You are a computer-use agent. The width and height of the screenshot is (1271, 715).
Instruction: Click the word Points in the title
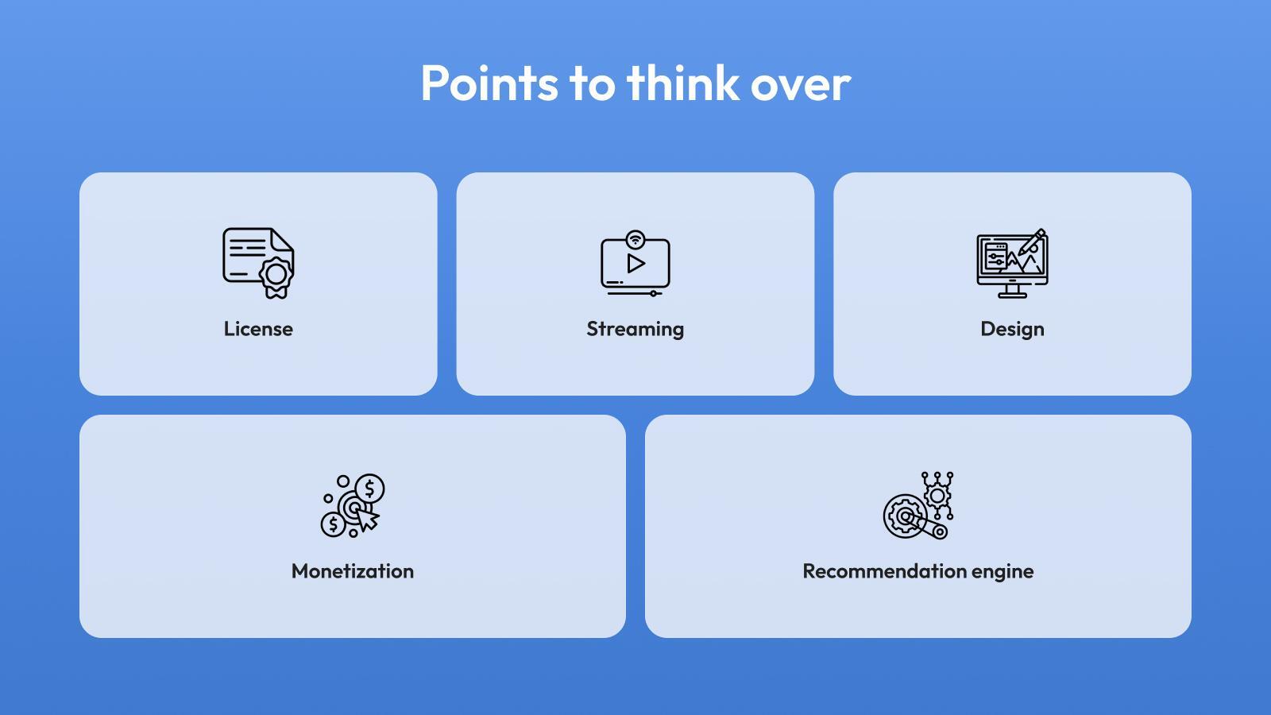coord(489,83)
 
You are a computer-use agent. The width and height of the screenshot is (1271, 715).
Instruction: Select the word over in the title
coord(801,87)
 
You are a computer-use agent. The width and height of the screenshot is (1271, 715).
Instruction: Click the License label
coord(258,329)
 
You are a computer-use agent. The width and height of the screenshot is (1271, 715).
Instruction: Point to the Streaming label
coord(635,330)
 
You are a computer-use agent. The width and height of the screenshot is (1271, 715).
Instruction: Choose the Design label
coord(1012,330)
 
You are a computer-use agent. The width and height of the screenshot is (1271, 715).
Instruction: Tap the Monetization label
coord(353,571)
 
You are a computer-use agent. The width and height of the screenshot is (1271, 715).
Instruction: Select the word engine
coord(1003,573)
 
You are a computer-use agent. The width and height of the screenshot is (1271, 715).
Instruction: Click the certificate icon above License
coord(258,263)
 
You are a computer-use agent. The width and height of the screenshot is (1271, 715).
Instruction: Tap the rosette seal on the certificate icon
coord(276,277)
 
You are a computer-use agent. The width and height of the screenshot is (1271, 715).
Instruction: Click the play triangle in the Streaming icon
coord(635,264)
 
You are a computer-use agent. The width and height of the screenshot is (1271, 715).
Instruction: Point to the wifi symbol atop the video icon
coord(635,239)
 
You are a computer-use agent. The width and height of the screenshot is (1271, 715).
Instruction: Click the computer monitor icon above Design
coord(1012,264)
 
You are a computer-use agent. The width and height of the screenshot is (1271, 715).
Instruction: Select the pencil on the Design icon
coord(1033,242)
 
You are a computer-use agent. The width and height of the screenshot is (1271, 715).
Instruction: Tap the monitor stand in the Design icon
coord(1012,291)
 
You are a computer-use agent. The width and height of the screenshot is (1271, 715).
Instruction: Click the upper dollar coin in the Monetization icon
coord(370,488)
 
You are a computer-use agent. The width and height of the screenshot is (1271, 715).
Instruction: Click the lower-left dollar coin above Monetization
coord(333,524)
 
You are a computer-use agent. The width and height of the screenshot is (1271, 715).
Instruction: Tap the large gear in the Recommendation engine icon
coord(905,516)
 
